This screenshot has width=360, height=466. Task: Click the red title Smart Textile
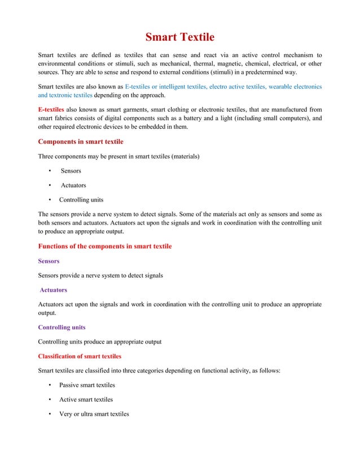(x=180, y=38)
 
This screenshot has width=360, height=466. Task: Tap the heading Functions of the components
(x=104, y=247)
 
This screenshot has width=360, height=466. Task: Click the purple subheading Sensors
(x=49, y=261)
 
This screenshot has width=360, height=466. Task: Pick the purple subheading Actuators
(x=53, y=290)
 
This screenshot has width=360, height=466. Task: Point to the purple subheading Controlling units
(x=62, y=327)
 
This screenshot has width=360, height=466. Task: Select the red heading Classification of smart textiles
(x=79, y=357)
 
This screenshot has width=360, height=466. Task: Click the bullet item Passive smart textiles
(x=87, y=385)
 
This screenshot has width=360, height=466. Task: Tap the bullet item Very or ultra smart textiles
(x=94, y=414)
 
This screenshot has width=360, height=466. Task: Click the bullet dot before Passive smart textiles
(x=51, y=385)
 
